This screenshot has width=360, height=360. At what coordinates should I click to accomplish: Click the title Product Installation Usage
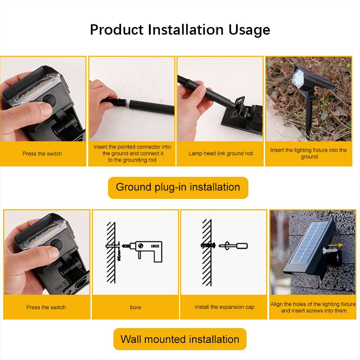pyautogui.click(x=180, y=30)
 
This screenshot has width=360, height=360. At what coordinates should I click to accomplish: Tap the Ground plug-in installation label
pyautogui.click(x=178, y=187)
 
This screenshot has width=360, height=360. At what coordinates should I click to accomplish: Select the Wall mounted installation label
pyautogui.click(x=180, y=339)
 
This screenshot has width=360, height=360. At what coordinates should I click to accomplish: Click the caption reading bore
pyautogui.click(x=135, y=307)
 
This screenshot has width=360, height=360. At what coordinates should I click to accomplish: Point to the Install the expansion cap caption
pyautogui.click(x=224, y=307)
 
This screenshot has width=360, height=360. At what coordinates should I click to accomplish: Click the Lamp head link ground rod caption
pyautogui.click(x=220, y=153)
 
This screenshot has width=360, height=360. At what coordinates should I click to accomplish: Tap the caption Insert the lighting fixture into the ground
pyautogui.click(x=308, y=153)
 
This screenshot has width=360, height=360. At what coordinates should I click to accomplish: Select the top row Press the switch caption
pyautogui.click(x=42, y=153)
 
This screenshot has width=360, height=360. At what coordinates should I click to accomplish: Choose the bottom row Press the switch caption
pyautogui.click(x=46, y=307)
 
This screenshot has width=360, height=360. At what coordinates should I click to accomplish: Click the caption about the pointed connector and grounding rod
pyautogui.click(x=132, y=153)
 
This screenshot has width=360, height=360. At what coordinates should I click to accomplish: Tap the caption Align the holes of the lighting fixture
pyautogui.click(x=313, y=307)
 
